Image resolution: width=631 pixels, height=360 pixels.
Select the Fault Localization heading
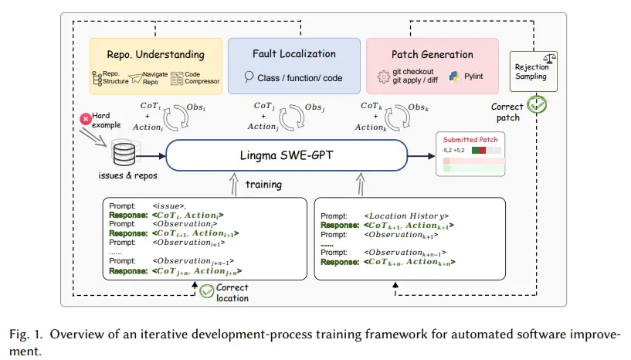294,54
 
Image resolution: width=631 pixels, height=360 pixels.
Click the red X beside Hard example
85,118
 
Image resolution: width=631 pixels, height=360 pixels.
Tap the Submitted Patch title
471,139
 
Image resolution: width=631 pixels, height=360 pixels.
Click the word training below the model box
265,185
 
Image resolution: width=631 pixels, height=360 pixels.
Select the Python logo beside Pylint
454,77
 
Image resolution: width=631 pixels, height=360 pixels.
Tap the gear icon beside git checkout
382,76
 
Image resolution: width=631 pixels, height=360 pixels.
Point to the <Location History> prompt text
407,216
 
